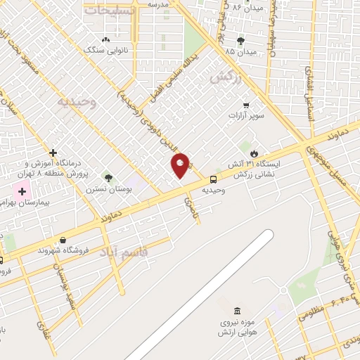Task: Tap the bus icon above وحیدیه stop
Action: click(214, 179)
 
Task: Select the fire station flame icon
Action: click(255, 151)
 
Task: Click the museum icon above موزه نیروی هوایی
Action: click(237, 311)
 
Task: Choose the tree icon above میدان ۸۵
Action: click(240, 41)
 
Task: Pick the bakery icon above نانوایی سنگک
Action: click(105, 39)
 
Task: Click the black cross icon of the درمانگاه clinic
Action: click(53, 152)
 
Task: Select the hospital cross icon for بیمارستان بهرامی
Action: click(22, 191)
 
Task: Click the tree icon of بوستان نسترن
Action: click(108, 178)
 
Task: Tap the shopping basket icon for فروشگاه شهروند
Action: click(63, 240)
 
